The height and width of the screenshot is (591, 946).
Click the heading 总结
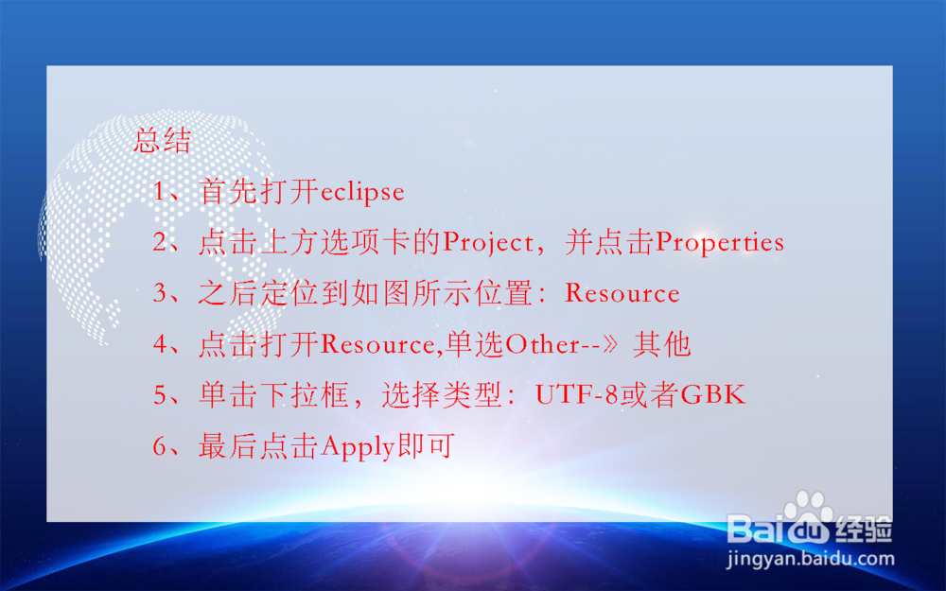[x=163, y=142]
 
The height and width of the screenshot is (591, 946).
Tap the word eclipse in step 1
[x=362, y=193]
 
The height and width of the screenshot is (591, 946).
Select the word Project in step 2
[x=488, y=243]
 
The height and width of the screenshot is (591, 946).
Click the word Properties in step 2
[x=720, y=243]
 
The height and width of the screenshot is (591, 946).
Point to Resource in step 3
[x=622, y=293]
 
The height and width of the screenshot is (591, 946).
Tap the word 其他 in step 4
[x=662, y=344]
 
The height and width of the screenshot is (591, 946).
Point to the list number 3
[x=160, y=293]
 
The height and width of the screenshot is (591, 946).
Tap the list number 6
[x=160, y=446]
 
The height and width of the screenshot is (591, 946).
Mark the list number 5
[x=160, y=395]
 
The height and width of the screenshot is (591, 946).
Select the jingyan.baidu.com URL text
[x=810, y=558]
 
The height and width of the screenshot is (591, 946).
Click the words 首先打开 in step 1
[x=259, y=193]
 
